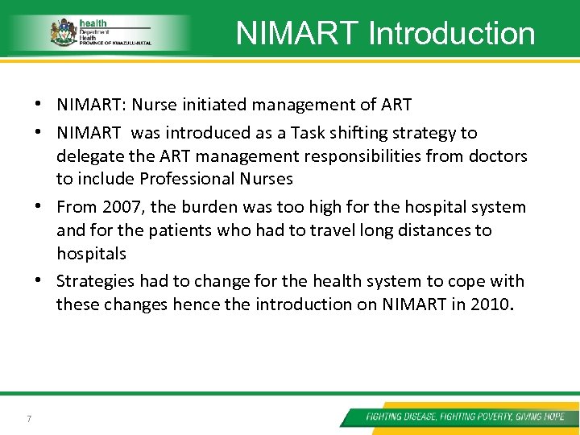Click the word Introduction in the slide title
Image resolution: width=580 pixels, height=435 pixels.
pos(451,34)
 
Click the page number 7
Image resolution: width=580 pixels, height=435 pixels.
pos(29,417)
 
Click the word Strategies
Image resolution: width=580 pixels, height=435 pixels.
pos(95,281)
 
